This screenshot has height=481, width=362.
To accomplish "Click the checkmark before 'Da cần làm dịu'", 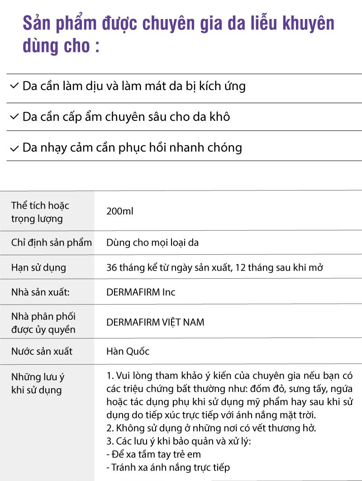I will [14, 86].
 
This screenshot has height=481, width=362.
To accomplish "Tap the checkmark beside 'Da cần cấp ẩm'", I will [14, 117].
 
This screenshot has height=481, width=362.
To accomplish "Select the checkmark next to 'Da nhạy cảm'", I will [14, 148].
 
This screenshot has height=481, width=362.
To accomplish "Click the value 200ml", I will [120, 211].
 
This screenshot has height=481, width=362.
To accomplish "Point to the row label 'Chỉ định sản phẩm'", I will [51, 243].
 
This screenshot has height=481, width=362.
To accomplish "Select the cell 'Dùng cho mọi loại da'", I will [152, 243].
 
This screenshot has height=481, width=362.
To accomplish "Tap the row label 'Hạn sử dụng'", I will [38, 267].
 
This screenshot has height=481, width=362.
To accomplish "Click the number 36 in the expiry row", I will [111, 267].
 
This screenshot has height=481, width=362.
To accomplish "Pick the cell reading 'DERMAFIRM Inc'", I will [141, 292].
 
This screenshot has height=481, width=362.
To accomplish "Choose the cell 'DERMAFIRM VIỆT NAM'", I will [155, 323].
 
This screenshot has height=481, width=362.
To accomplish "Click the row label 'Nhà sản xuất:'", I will [40, 292].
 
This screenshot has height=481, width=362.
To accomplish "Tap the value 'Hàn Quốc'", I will [128, 352].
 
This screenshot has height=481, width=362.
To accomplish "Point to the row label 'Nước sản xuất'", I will [42, 352].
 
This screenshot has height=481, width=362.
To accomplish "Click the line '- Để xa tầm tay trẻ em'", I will [153, 454].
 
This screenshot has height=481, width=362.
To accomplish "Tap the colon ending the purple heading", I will [96, 47].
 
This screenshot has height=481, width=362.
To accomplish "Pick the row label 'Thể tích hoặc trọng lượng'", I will [40, 212].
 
